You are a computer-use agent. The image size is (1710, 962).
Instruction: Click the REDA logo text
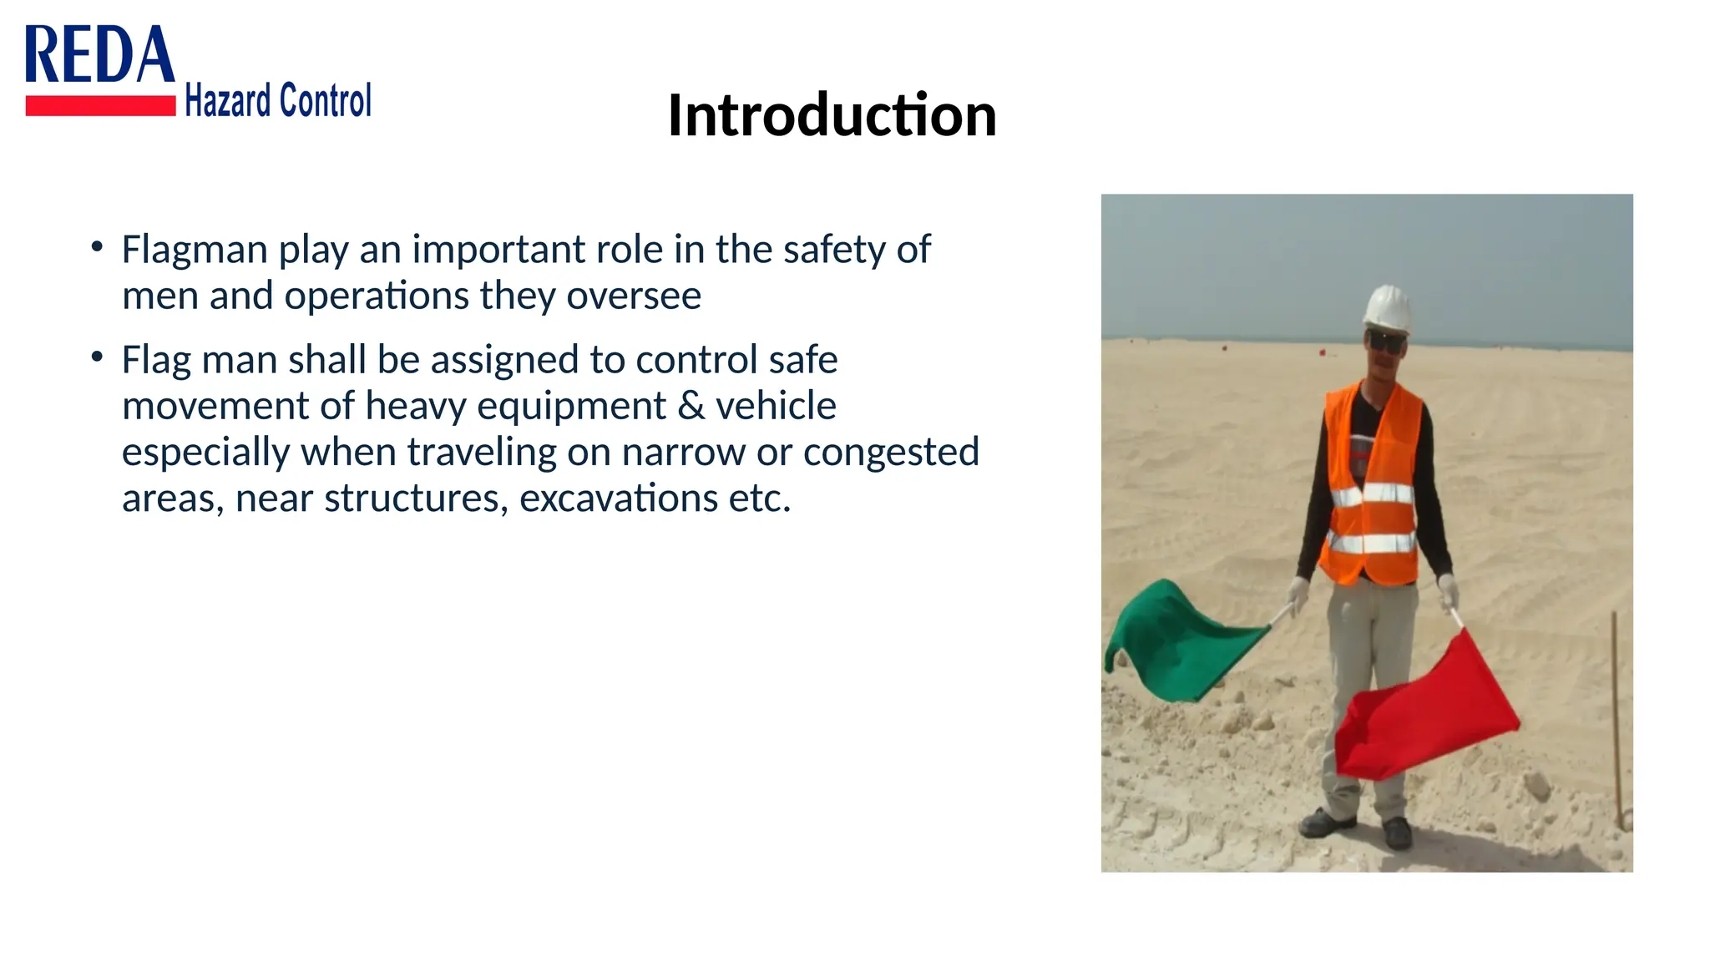100,54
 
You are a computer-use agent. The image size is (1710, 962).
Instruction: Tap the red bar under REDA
100,105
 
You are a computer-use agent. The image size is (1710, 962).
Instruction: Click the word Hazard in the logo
228,100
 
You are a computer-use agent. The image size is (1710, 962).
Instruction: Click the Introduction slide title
832,114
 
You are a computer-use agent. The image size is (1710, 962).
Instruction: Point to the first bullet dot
98,247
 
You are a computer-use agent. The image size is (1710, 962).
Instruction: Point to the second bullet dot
98,357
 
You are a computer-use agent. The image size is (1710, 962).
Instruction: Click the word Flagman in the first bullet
195,250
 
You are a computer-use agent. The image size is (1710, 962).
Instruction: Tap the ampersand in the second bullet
691,406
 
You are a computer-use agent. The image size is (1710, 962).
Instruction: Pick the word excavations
618,499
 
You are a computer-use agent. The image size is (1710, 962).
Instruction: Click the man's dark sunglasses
1386,342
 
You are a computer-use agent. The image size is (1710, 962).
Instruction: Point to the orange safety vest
1373,484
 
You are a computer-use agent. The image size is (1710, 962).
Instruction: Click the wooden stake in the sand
1618,720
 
